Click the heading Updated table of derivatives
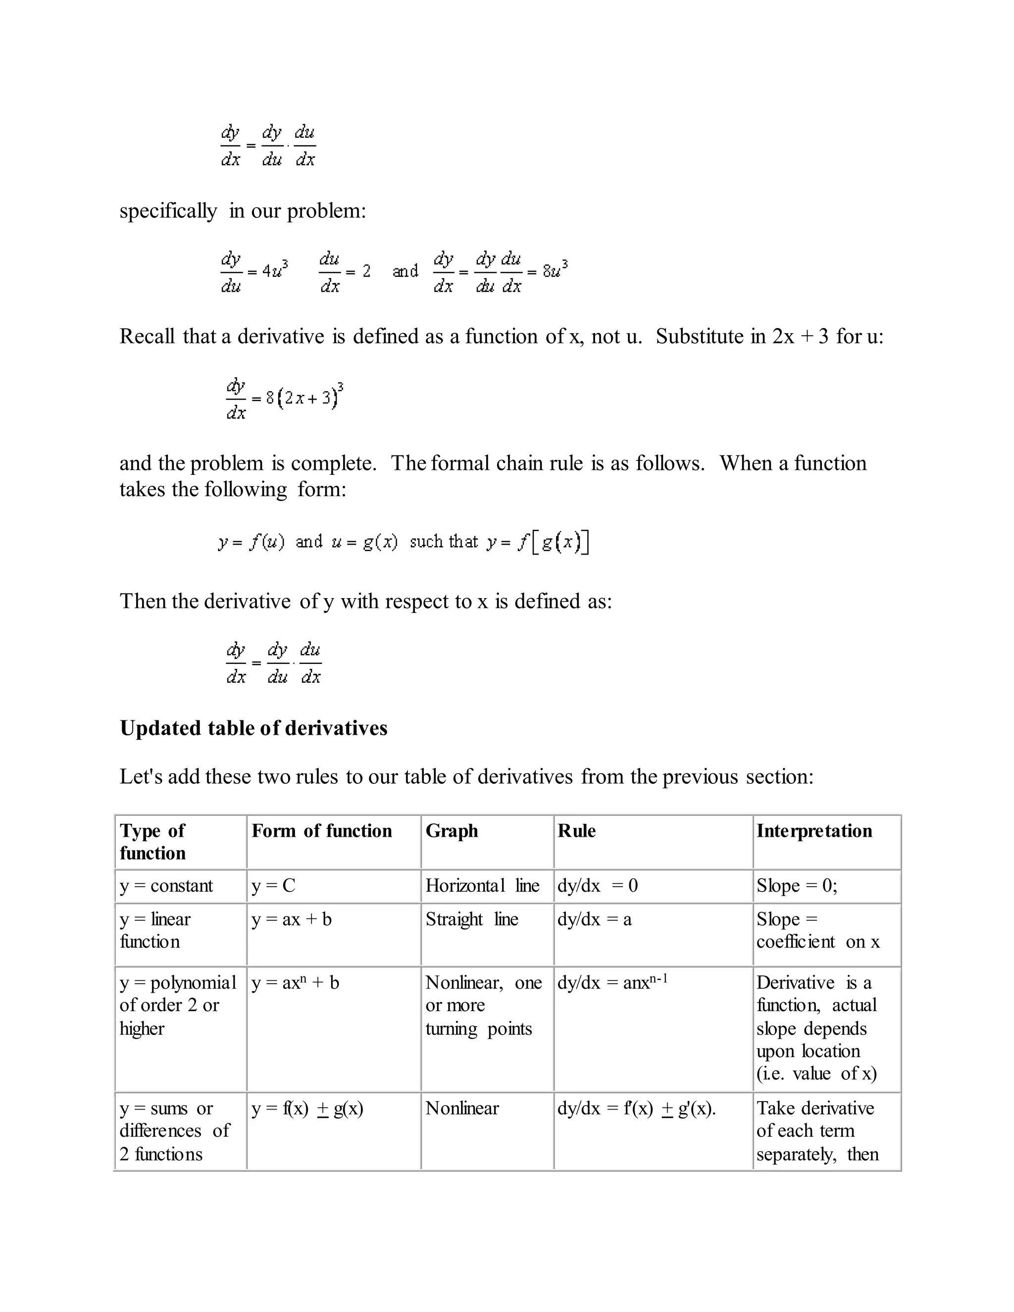click(253, 728)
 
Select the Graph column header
click(452, 831)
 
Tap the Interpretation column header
click(814, 831)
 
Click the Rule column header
click(577, 831)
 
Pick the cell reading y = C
click(273, 886)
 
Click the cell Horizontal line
click(482, 886)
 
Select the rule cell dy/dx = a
click(594, 919)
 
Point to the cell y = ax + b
click(291, 919)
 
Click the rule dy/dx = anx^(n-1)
click(612, 983)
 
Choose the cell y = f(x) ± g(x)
click(307, 1109)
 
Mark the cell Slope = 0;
click(797, 886)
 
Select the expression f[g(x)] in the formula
click(553, 542)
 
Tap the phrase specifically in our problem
click(243, 211)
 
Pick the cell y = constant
click(166, 886)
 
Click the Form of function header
click(321, 831)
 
